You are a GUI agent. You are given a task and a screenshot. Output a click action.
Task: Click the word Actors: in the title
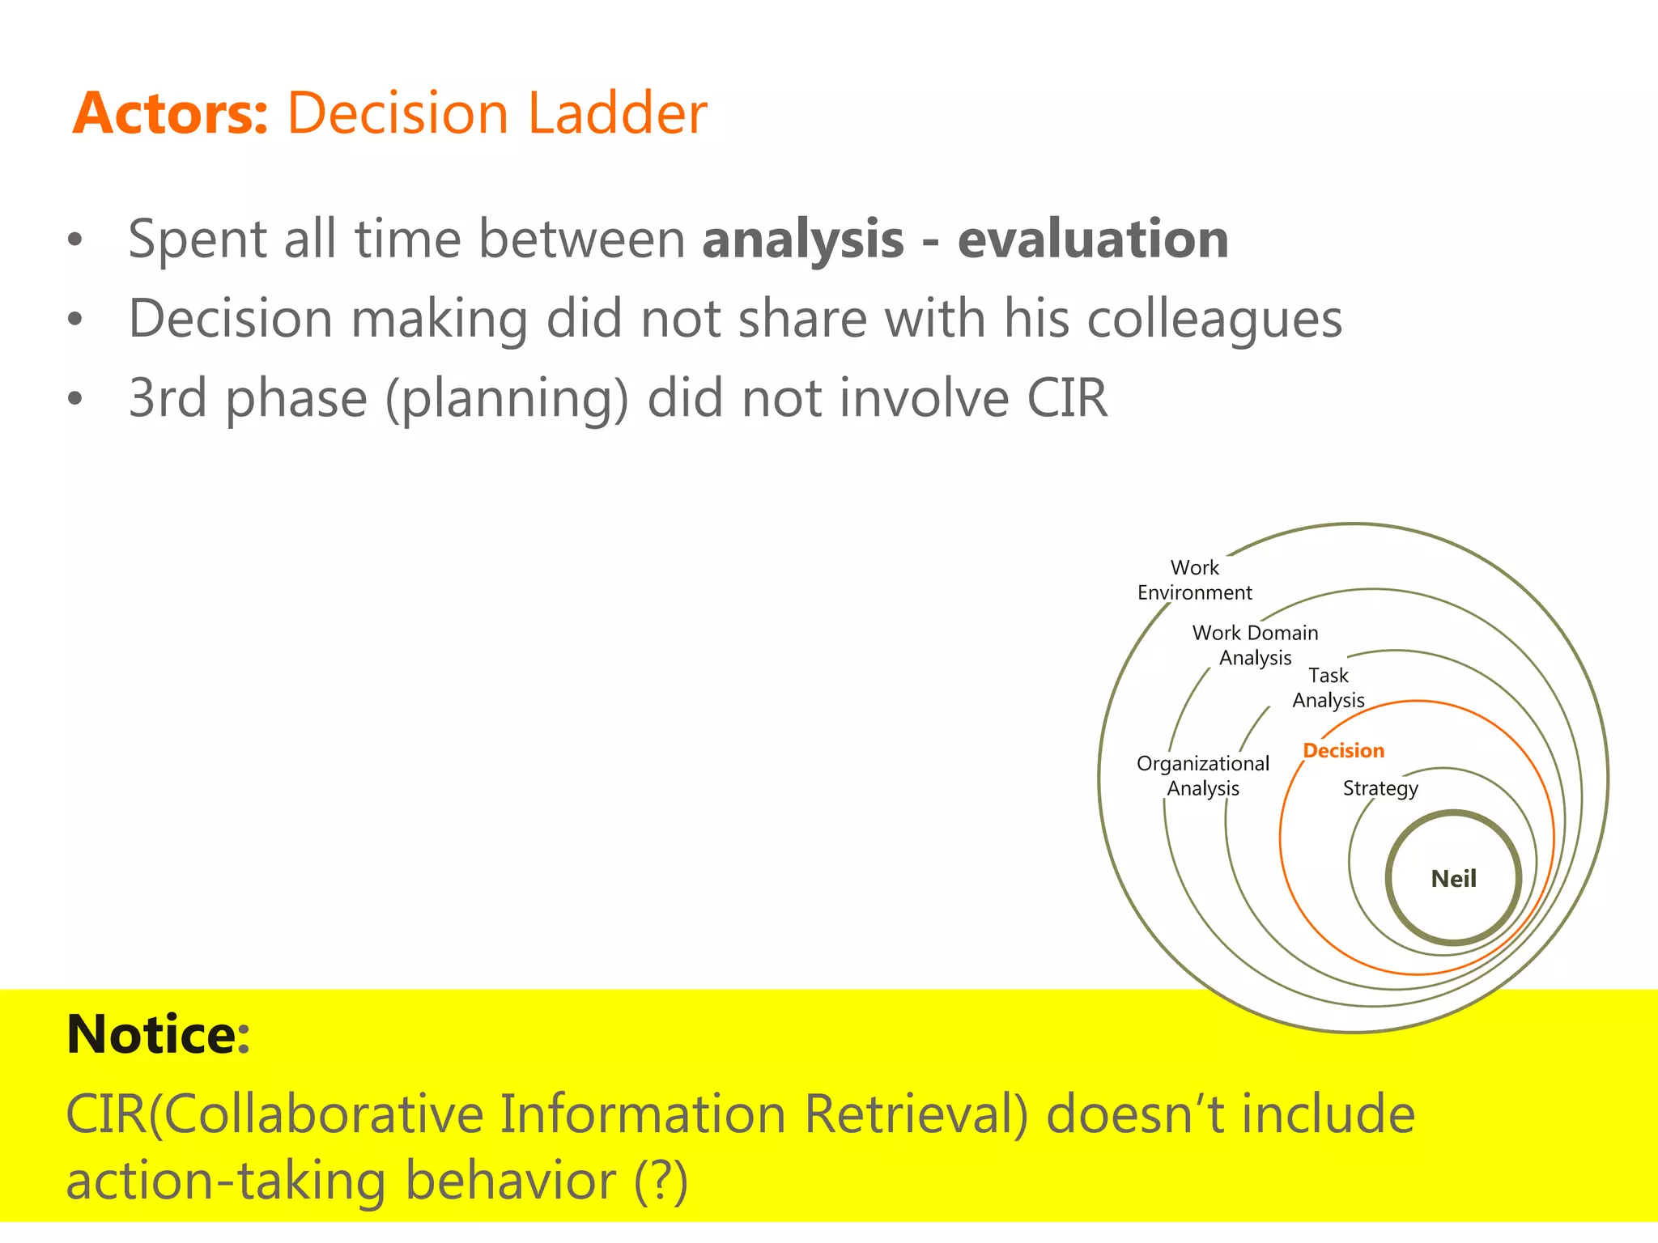(170, 113)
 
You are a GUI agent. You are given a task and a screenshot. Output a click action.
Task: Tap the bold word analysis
(802, 240)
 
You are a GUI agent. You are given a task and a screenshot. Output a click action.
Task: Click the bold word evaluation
(1093, 240)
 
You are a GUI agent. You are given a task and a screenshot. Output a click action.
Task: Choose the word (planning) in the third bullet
(507, 400)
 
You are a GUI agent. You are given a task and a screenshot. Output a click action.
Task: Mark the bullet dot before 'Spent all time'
(75, 240)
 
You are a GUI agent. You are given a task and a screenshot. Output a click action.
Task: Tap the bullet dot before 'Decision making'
(75, 320)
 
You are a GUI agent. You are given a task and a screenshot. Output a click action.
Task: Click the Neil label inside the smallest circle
(1453, 879)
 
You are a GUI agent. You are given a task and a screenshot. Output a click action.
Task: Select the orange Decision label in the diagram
(1343, 751)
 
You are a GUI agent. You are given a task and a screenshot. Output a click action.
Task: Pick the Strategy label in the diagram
(1380, 788)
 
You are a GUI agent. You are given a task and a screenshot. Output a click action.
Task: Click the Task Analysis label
(1329, 688)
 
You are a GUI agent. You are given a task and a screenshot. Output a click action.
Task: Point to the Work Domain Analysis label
(1255, 645)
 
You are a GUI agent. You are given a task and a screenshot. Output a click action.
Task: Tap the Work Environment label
(1194, 580)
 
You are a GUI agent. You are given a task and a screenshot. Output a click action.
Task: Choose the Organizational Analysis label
(1203, 775)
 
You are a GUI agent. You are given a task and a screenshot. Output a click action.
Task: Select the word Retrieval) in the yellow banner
(916, 1114)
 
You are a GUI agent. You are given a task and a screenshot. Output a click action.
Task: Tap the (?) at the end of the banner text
(661, 1181)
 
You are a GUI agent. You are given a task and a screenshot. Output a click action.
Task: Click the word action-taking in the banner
(226, 1181)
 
